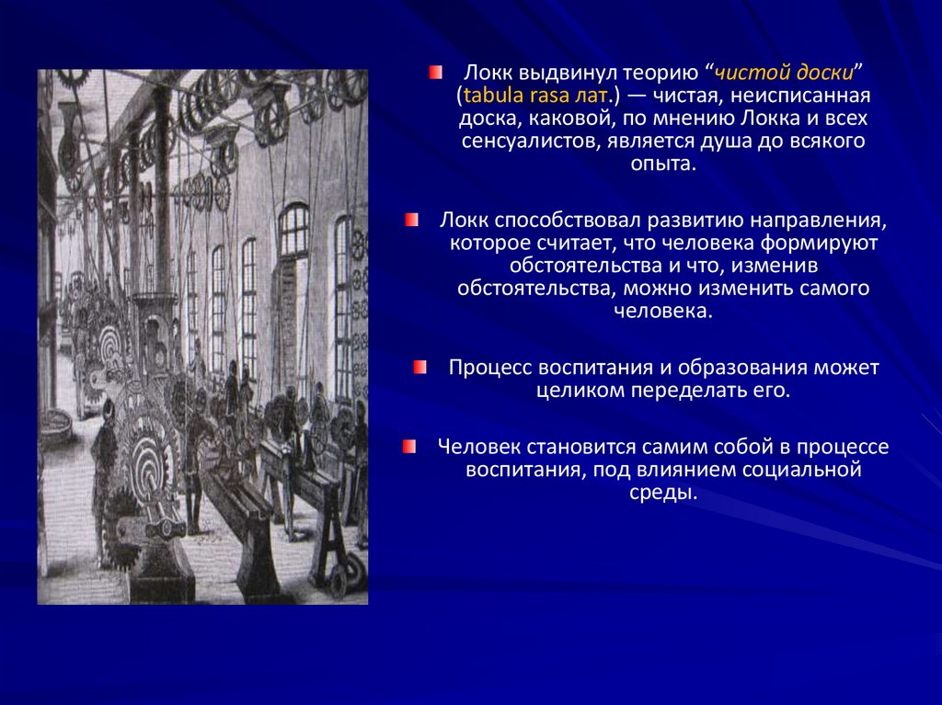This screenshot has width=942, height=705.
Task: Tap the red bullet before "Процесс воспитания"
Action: (x=420, y=368)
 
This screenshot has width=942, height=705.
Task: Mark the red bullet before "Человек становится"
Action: (x=408, y=447)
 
